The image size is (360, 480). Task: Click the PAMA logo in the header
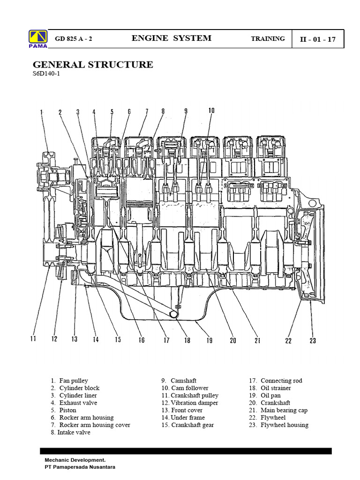(x=37, y=39)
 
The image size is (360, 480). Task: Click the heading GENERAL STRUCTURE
(x=93, y=65)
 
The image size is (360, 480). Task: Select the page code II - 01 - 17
(x=318, y=39)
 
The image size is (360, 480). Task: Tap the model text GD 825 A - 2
(x=74, y=39)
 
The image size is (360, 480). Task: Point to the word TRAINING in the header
(x=268, y=38)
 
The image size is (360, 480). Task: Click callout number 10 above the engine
(x=211, y=111)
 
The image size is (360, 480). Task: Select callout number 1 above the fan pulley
(x=41, y=112)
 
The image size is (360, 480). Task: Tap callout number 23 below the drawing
(x=313, y=341)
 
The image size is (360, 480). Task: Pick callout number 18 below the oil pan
(x=187, y=341)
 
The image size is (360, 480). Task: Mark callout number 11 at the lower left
(x=33, y=338)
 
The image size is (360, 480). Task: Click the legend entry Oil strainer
(x=276, y=388)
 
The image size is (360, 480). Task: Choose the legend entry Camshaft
(x=183, y=381)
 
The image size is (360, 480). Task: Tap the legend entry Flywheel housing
(x=284, y=425)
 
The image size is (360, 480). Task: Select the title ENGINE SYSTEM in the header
(x=172, y=38)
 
